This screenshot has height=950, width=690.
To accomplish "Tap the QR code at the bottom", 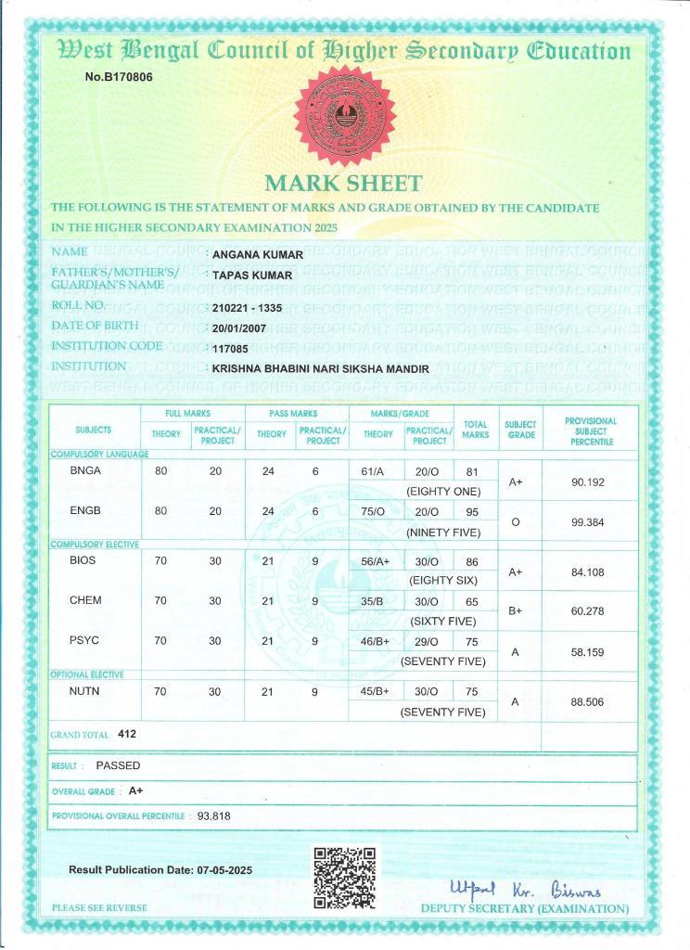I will click(x=344, y=877).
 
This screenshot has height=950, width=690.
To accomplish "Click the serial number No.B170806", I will click(x=119, y=77).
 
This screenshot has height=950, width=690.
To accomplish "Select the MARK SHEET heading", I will click(x=343, y=184).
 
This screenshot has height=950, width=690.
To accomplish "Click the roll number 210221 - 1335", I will click(x=253, y=308).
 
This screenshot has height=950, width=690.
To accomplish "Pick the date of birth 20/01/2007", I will click(x=240, y=328).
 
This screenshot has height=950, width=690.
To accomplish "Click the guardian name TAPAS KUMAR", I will click(x=252, y=276).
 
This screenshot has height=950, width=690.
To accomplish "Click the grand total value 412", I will click(x=128, y=734).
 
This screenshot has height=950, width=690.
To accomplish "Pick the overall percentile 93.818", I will click(x=214, y=816).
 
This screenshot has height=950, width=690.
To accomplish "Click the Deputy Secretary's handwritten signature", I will click(x=525, y=888).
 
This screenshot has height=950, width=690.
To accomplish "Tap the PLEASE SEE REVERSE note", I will click(x=99, y=907).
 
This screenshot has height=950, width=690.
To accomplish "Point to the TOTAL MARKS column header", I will click(x=475, y=430).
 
